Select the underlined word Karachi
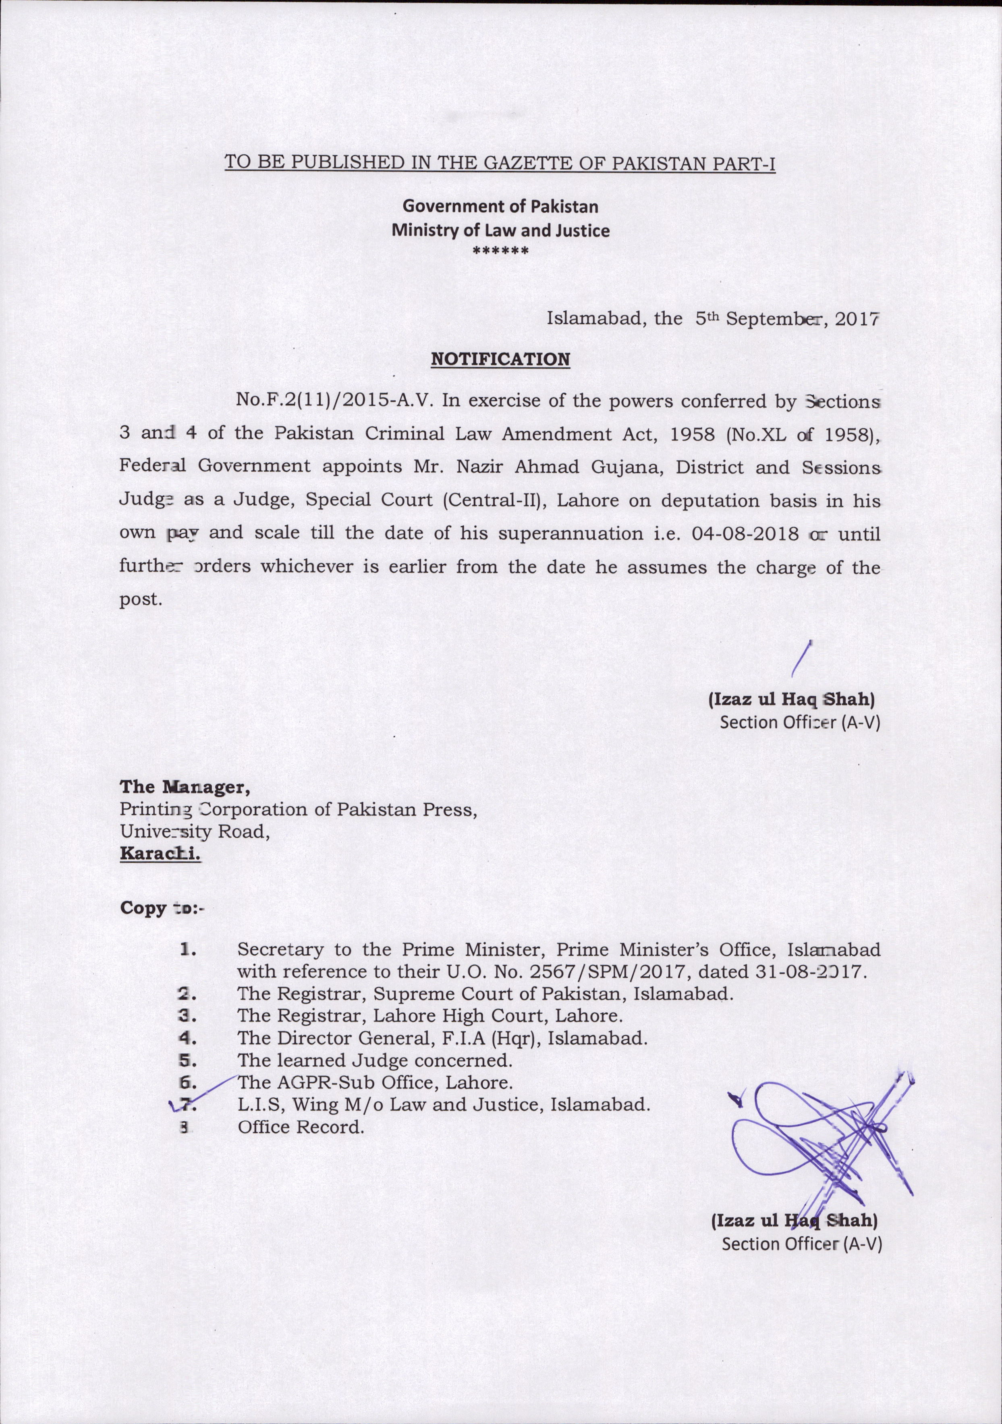160,854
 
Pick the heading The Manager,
185,787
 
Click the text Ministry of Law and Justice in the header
500,231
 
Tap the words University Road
194,832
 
